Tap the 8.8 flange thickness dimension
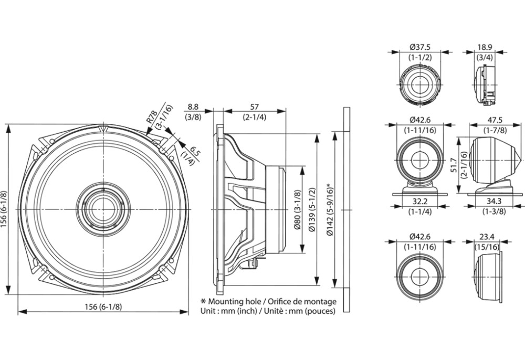click(193, 107)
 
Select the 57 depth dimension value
click(255, 107)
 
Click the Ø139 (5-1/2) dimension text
click(311, 209)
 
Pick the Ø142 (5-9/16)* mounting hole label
click(330, 209)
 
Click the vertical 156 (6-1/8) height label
click(4, 209)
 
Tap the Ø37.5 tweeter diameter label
click(420, 47)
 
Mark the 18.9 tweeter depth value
click(485, 47)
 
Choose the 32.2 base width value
click(420, 201)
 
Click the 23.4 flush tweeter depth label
click(487, 237)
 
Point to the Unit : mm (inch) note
click(229, 311)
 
